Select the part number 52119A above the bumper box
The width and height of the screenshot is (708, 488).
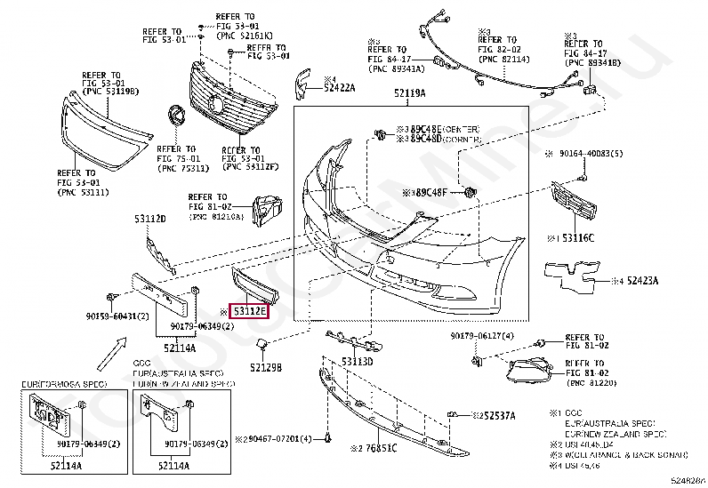pyautogui.click(x=409, y=93)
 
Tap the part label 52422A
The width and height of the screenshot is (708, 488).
pyautogui.click(x=339, y=87)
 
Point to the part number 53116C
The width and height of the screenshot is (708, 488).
pyautogui.click(x=577, y=238)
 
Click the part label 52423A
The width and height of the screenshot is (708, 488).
pyautogui.click(x=642, y=281)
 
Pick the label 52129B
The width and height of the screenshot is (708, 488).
pyautogui.click(x=265, y=367)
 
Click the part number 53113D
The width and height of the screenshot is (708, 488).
pyautogui.click(x=358, y=361)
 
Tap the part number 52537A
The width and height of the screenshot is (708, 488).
pyautogui.click(x=495, y=415)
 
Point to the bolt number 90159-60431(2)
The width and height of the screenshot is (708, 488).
pyautogui.click(x=117, y=316)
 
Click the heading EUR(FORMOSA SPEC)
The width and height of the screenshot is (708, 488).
pyautogui.click(x=64, y=383)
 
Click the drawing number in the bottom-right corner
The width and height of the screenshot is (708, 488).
pyautogui.click(x=688, y=480)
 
